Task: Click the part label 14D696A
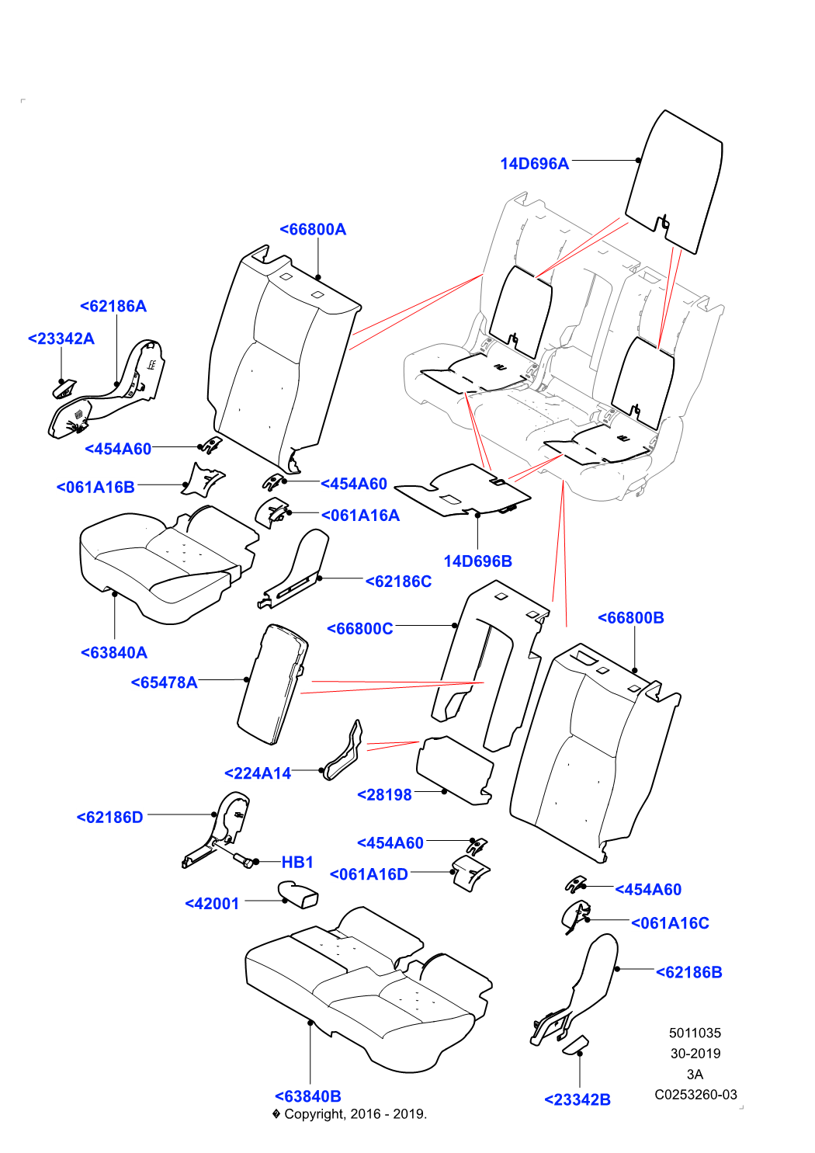(x=534, y=163)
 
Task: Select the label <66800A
(x=313, y=229)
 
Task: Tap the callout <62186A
(x=113, y=306)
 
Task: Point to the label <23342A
(x=61, y=339)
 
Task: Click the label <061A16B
(x=95, y=488)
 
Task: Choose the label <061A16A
(x=360, y=516)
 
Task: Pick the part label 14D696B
(x=477, y=561)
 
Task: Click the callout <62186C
(x=398, y=582)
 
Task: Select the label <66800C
(x=360, y=629)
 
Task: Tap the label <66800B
(x=631, y=618)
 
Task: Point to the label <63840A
(x=114, y=653)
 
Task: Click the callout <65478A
(x=164, y=682)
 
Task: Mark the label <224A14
(x=258, y=773)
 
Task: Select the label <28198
(x=384, y=795)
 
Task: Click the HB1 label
(x=297, y=862)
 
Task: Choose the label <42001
(x=213, y=904)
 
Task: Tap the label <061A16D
(x=369, y=874)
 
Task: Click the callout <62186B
(x=689, y=972)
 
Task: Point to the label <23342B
(x=577, y=1099)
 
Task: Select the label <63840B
(x=308, y=1096)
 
